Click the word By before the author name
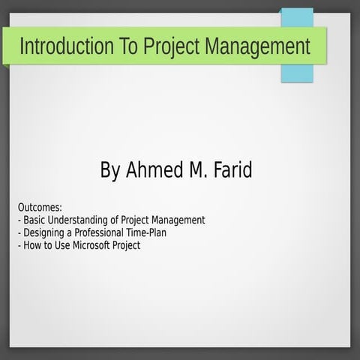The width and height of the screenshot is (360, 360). pyautogui.click(x=109, y=170)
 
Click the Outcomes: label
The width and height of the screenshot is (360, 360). pyautogui.click(x=40, y=208)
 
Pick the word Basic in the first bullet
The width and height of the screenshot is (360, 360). pyautogui.click(x=35, y=220)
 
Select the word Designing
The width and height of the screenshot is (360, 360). pyautogui.click(x=44, y=233)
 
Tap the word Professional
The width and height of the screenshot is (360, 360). pyautogui.click(x=101, y=233)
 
